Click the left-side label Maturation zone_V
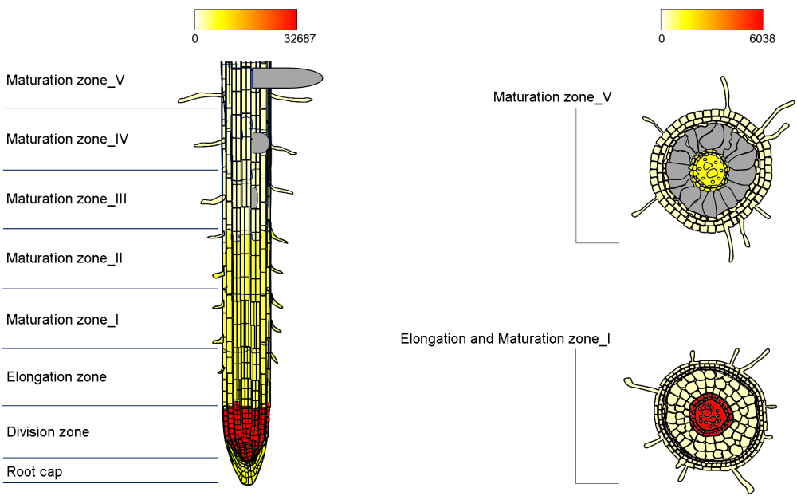(x=65, y=80)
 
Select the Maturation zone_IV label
(x=68, y=140)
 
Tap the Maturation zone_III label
(x=67, y=199)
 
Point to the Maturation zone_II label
(x=65, y=258)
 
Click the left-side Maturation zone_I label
(x=63, y=320)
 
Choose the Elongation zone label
(x=57, y=376)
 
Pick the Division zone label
(x=48, y=432)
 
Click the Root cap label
(x=34, y=472)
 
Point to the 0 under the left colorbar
(x=195, y=38)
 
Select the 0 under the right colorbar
(x=662, y=38)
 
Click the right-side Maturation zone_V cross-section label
(x=552, y=97)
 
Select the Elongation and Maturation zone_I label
(x=505, y=339)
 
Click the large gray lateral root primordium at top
(x=287, y=77)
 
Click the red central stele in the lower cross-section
(x=709, y=413)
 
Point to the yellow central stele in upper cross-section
(x=709, y=170)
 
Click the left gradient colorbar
(x=245, y=19)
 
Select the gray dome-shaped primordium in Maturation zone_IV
(x=260, y=143)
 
